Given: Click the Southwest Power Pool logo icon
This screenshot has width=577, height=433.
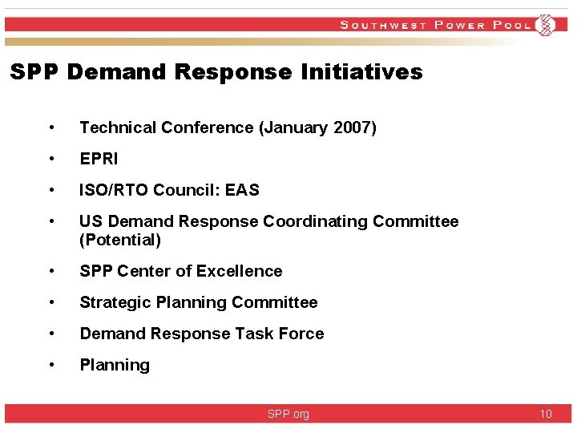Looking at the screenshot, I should click(546, 25).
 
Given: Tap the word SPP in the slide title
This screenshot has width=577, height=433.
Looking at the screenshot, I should click(34, 72).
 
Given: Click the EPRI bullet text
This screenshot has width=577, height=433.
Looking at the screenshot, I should click(99, 159).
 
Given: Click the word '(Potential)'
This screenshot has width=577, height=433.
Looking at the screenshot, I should click(120, 240).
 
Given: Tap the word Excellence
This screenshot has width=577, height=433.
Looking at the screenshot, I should click(241, 271).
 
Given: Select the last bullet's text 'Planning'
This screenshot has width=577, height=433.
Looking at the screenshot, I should click(115, 366).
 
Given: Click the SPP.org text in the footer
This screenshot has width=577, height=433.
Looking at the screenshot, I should click(288, 415).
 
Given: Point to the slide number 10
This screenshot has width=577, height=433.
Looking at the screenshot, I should click(546, 415).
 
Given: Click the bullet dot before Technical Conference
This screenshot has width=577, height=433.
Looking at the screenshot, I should click(51, 127).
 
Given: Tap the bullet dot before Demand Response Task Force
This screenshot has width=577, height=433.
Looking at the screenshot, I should click(51, 334).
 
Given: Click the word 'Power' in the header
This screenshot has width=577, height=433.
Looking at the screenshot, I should click(460, 25).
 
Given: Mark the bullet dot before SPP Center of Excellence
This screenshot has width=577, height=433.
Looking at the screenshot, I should click(51, 271).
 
